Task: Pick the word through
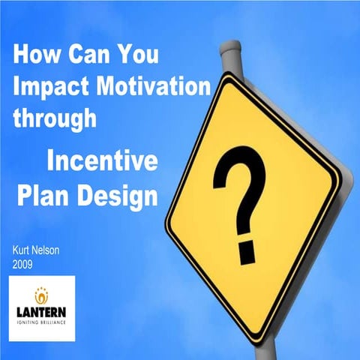point(54,118)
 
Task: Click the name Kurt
point(23,253)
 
